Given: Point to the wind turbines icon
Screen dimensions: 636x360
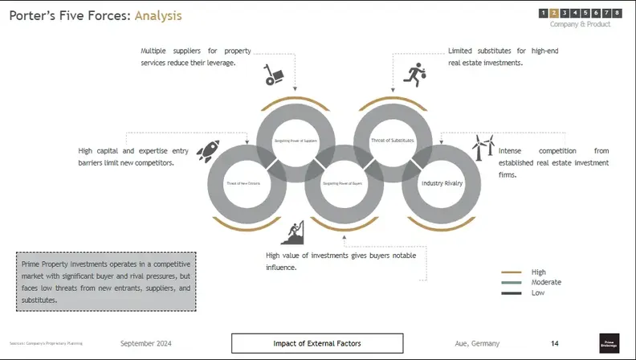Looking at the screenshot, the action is tap(483, 147).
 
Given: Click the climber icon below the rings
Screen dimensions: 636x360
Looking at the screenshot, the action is tap(295, 232).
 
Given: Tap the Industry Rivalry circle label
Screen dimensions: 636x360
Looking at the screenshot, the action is tap(442, 183).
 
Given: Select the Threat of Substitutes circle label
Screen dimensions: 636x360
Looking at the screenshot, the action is tap(392, 141).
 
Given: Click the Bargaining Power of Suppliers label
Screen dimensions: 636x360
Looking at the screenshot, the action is tap(295, 141).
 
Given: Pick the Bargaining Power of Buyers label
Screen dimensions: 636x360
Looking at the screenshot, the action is tap(344, 184).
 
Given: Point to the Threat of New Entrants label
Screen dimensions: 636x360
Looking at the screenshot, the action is tap(245, 184).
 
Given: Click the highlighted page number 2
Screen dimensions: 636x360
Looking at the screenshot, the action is tap(554, 13).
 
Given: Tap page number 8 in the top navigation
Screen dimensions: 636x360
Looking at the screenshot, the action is tap(617, 13).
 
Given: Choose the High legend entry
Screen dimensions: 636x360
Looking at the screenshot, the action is tap(538, 272).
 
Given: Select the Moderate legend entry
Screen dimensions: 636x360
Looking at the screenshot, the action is tap(546, 282).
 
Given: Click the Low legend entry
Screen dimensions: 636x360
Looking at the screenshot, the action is tap(537, 292).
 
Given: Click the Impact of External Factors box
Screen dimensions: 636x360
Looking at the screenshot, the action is tap(317, 343).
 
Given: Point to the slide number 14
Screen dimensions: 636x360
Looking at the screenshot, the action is tap(555, 343).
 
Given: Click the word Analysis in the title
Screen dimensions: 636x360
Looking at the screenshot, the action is tap(158, 15).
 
